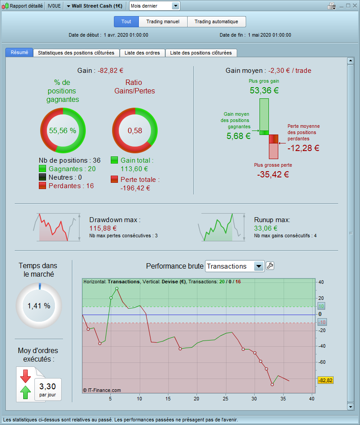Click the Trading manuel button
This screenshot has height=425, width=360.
click(x=163, y=21)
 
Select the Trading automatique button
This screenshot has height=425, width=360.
click(x=216, y=21)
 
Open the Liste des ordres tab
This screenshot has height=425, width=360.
click(x=142, y=53)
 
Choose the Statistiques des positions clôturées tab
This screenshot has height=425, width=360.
click(x=76, y=53)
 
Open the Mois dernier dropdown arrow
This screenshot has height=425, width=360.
click(x=175, y=6)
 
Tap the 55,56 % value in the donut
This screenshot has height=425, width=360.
click(x=63, y=130)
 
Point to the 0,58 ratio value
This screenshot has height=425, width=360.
click(x=134, y=130)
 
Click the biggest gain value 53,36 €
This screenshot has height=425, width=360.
click(x=264, y=91)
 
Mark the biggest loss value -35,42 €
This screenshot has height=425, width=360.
click(x=273, y=174)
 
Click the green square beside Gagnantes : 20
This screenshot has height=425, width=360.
click(x=43, y=169)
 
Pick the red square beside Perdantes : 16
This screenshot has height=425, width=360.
click(x=43, y=185)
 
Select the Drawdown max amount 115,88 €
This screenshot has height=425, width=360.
click(x=103, y=228)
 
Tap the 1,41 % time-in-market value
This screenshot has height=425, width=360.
click(x=39, y=306)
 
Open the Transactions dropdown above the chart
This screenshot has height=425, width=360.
click(x=258, y=266)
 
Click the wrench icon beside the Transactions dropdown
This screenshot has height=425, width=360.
click(x=270, y=266)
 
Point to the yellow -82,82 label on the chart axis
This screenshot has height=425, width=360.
click(x=326, y=380)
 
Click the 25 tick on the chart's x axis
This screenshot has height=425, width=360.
click(x=226, y=399)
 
